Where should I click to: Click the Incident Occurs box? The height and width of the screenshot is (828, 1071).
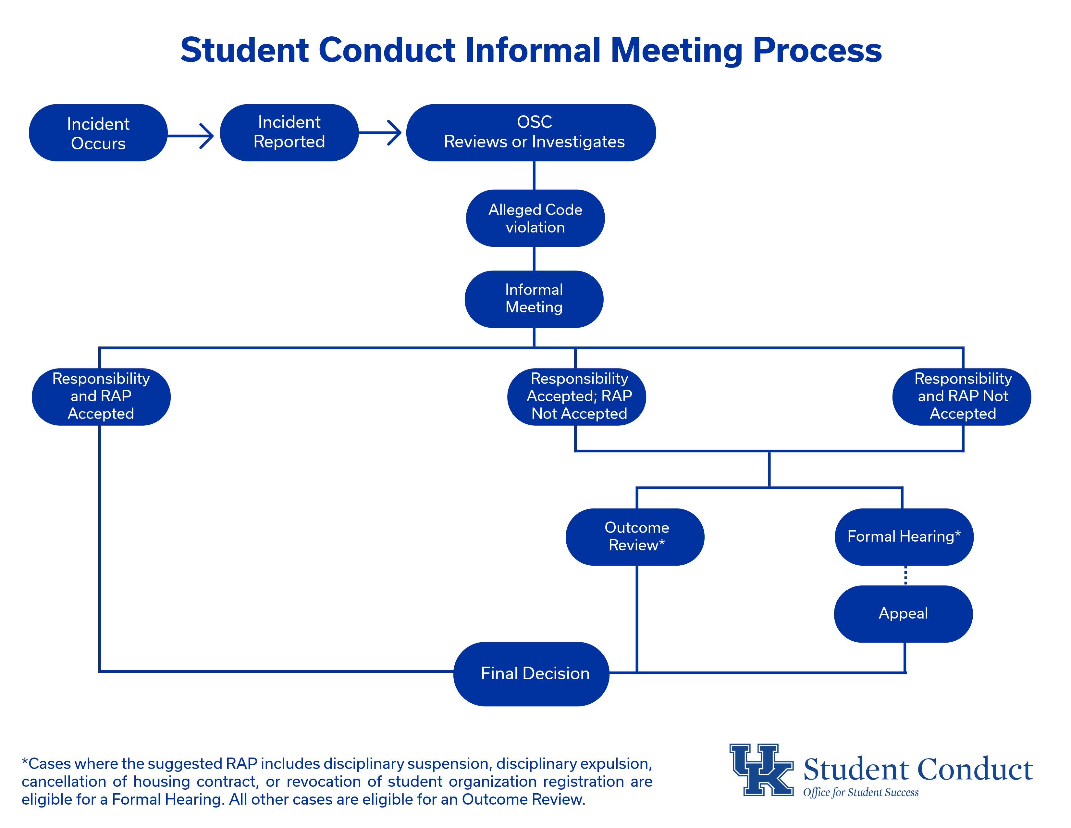(98, 133)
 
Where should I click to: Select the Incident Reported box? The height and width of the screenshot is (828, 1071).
(289, 132)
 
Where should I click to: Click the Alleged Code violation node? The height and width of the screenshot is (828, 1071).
(535, 218)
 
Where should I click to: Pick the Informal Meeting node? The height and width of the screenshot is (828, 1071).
(534, 299)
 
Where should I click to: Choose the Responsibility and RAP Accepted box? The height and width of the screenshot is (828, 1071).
(101, 396)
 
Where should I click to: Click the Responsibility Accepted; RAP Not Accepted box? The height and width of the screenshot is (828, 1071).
(577, 396)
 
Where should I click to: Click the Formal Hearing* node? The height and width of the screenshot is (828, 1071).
(904, 537)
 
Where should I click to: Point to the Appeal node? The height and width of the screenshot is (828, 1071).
(903, 614)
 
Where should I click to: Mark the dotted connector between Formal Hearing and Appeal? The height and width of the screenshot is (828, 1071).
(905, 575)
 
